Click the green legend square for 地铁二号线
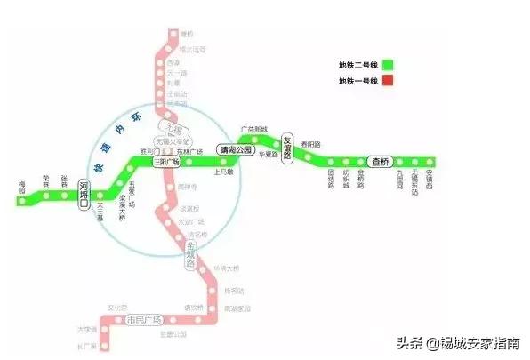pos(389,64)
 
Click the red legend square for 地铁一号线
pos(389,81)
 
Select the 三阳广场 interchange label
pos(166,163)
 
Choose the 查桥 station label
pos(381,162)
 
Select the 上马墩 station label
pos(223,172)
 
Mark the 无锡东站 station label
pos(415,183)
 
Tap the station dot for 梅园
pos(21,202)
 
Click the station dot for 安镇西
pos(430,162)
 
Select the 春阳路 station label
pos(311,143)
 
